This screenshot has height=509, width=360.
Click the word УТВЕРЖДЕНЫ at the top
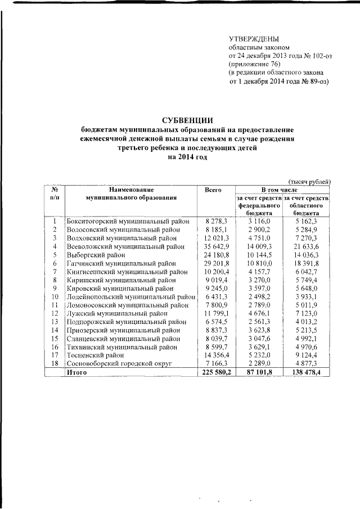(254, 38)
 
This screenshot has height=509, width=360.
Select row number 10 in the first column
(55, 296)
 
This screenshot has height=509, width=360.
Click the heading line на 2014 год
(187, 158)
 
